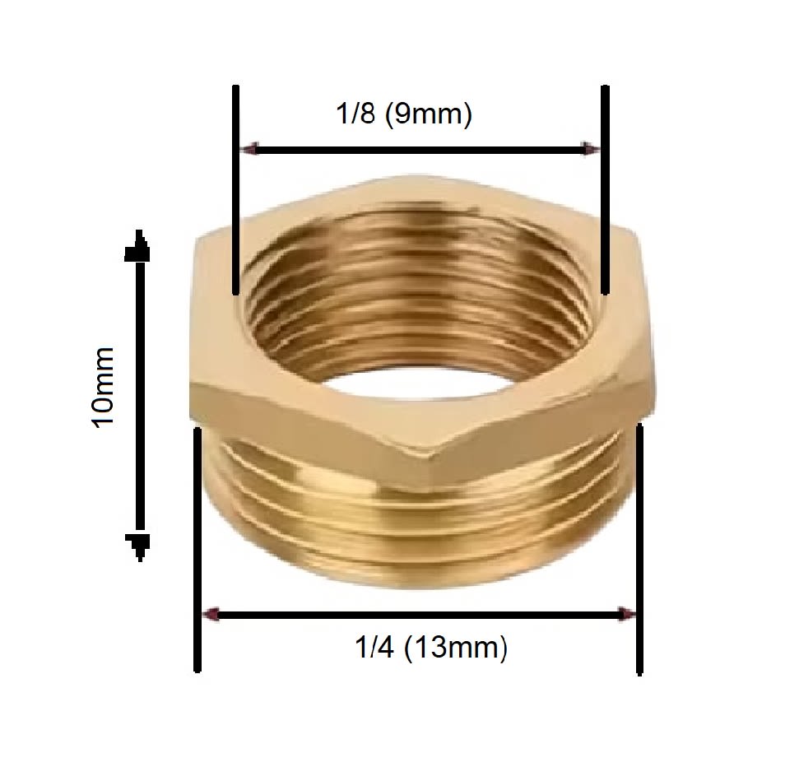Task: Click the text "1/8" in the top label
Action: tap(355, 114)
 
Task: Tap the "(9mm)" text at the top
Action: tap(428, 114)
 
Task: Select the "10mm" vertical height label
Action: tap(104, 387)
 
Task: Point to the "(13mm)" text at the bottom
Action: tap(455, 648)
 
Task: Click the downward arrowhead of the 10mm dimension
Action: tap(138, 543)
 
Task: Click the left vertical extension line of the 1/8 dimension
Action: tap(236, 189)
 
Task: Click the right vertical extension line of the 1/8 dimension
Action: tap(606, 189)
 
